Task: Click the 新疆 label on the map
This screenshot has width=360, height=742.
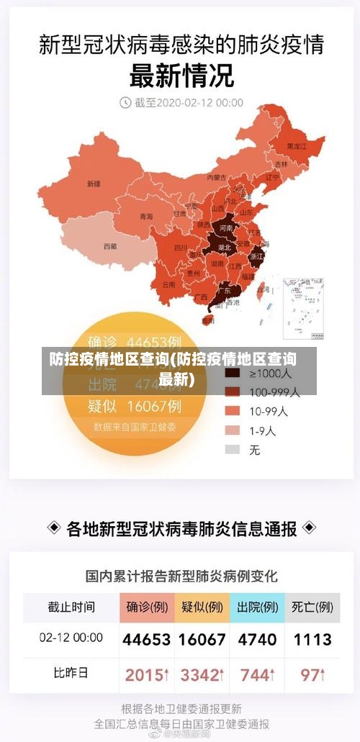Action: [x=94, y=184]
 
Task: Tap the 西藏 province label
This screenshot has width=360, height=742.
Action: [x=109, y=246]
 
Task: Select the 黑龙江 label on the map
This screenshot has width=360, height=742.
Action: [x=296, y=146]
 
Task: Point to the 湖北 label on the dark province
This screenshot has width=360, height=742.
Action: [x=223, y=248]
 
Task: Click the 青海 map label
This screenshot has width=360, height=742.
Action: [x=146, y=217]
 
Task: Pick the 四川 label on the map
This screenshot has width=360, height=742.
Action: [x=180, y=248]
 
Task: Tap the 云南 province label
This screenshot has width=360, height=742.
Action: [x=168, y=284]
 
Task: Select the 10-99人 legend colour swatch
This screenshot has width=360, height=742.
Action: [x=232, y=412]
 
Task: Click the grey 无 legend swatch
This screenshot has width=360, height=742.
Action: [x=232, y=449]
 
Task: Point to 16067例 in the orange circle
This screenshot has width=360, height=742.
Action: [x=155, y=407]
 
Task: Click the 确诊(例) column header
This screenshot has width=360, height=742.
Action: [x=147, y=607]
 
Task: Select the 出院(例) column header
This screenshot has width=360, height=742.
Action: [x=257, y=607]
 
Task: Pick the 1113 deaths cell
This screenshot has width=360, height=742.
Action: [x=312, y=639]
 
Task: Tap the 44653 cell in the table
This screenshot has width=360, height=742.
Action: [x=147, y=639]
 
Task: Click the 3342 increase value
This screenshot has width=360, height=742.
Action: [x=202, y=675]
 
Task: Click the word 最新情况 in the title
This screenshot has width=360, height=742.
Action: [x=180, y=74]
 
